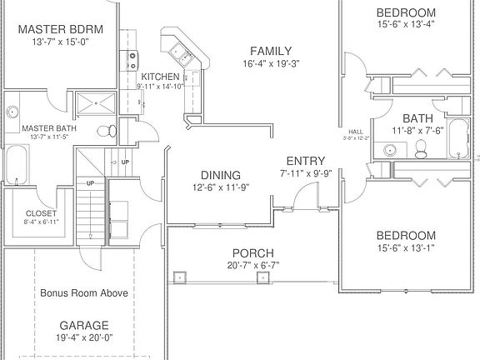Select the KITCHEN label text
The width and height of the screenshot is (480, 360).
[159, 77]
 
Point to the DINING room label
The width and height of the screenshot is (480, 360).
[220, 175]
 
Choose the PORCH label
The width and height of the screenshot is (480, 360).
[252, 253]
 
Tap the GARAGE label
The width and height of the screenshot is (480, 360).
[83, 325]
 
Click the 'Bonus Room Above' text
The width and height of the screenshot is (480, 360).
[83, 293]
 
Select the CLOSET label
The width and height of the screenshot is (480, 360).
[42, 213]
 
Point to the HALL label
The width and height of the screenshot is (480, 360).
[355, 132]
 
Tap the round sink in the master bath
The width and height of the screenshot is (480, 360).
[12, 112]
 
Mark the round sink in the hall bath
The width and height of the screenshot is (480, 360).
[387, 151]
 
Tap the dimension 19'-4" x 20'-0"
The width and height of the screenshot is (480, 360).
[83, 339]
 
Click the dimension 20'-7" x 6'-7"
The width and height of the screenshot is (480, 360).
[252, 266]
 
